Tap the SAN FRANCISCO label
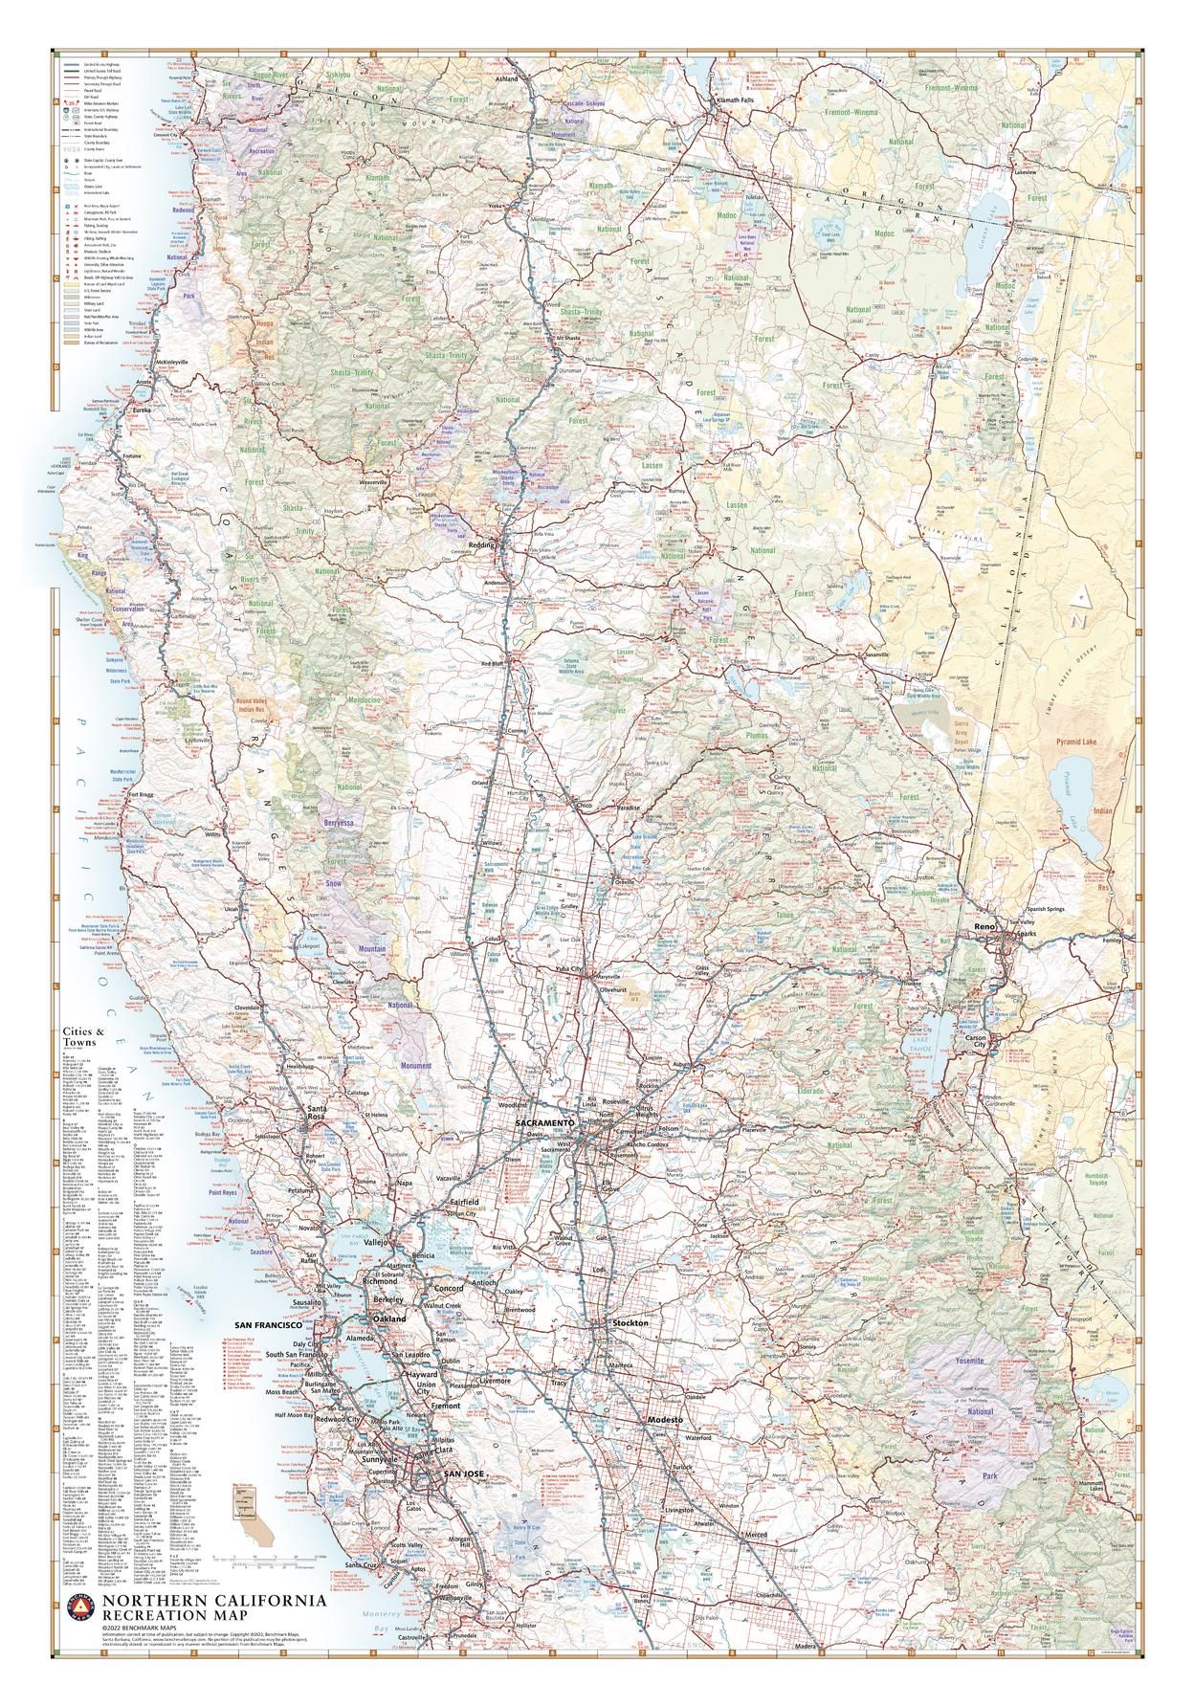click(263, 1325)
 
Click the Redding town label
click(480, 543)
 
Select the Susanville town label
click(877, 654)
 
